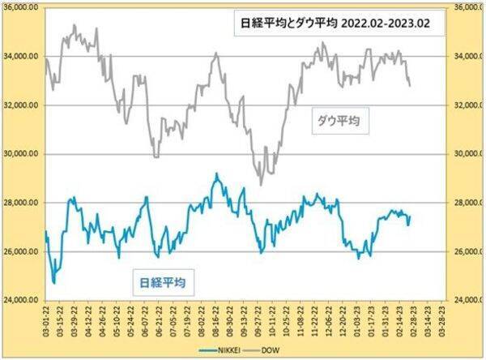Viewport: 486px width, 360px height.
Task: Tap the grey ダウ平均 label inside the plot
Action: (x=338, y=121)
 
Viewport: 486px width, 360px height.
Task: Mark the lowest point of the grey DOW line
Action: (x=260, y=185)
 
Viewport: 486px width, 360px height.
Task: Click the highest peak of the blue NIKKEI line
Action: (x=216, y=174)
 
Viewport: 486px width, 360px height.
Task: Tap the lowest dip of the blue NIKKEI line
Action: (x=53, y=283)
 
